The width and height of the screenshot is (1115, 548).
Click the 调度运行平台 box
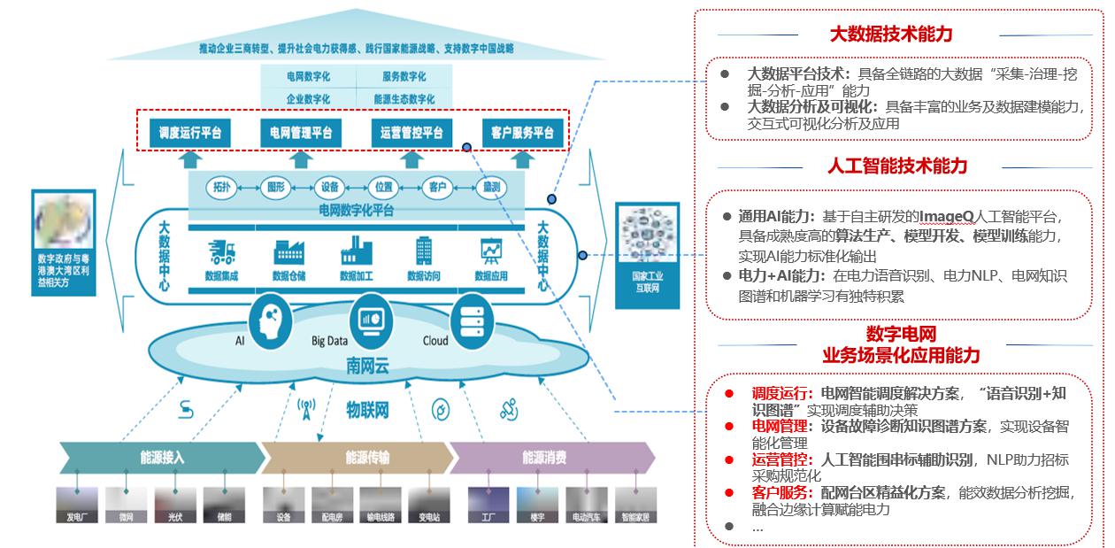[190, 134]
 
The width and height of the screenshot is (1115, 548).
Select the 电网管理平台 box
[301, 134]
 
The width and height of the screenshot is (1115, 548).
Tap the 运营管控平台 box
[411, 134]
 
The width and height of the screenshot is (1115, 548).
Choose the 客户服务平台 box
[522, 134]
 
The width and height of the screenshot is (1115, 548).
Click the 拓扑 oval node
[221, 188]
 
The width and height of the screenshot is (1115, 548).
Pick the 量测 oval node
[492, 188]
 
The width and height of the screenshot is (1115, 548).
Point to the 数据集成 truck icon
[220, 252]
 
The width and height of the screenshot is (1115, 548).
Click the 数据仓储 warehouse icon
[288, 252]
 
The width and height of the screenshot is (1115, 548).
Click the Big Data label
[329, 341]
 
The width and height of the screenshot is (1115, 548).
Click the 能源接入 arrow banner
[162, 458]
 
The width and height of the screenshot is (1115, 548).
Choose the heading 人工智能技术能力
[897, 166]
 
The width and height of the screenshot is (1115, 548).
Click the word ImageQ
[947, 216]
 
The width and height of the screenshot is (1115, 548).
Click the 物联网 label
[367, 410]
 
